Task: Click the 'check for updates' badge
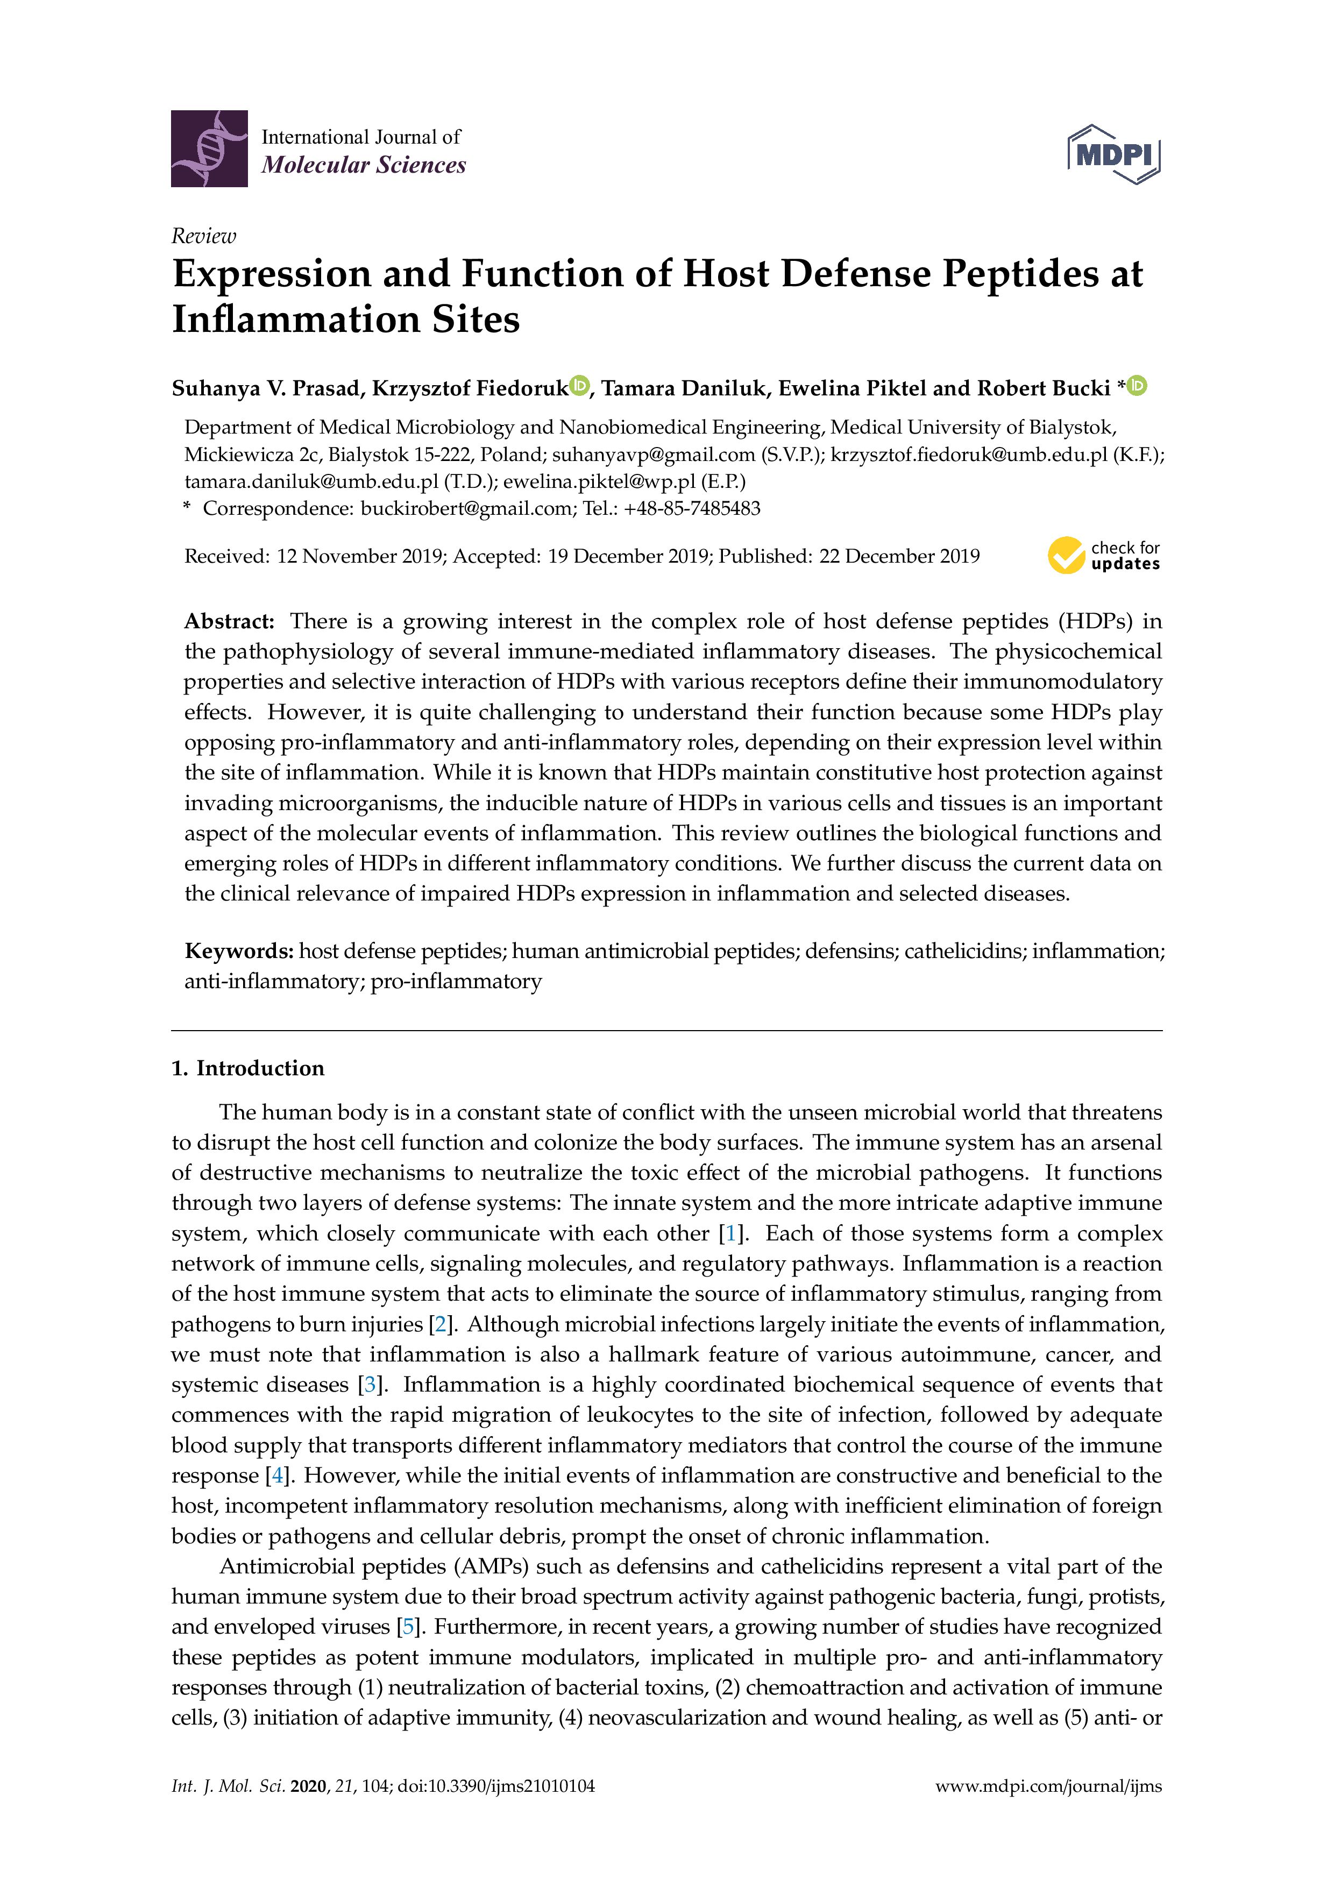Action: pos(1103,556)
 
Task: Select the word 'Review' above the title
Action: pos(203,237)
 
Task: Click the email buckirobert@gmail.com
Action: pos(465,509)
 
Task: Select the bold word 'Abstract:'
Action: pos(229,621)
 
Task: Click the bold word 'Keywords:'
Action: pos(238,951)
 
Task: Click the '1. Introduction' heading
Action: pos(247,1068)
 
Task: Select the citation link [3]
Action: pos(371,1385)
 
